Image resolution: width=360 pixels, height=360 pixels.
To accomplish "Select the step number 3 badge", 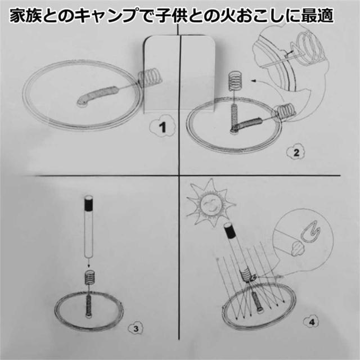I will pos(134,328).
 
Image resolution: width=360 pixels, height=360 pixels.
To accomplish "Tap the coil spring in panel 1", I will pos(150,76).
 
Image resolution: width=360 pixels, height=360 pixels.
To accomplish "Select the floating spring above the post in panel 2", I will pos(235,80).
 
